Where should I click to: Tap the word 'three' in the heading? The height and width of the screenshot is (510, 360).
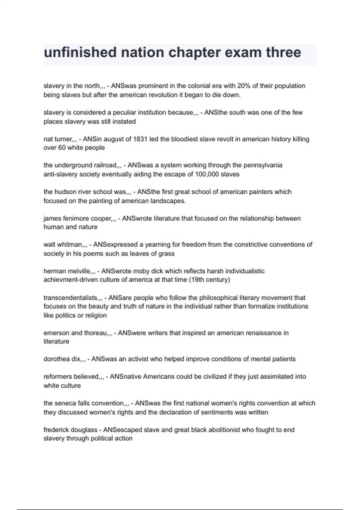283,52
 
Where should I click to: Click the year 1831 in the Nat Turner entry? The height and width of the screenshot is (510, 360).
140,139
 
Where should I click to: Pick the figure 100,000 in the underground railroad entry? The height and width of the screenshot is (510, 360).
207,174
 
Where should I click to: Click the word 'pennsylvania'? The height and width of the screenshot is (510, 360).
263,165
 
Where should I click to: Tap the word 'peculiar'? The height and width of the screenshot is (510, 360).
125,112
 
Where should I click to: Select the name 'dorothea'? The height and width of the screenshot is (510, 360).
57,359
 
